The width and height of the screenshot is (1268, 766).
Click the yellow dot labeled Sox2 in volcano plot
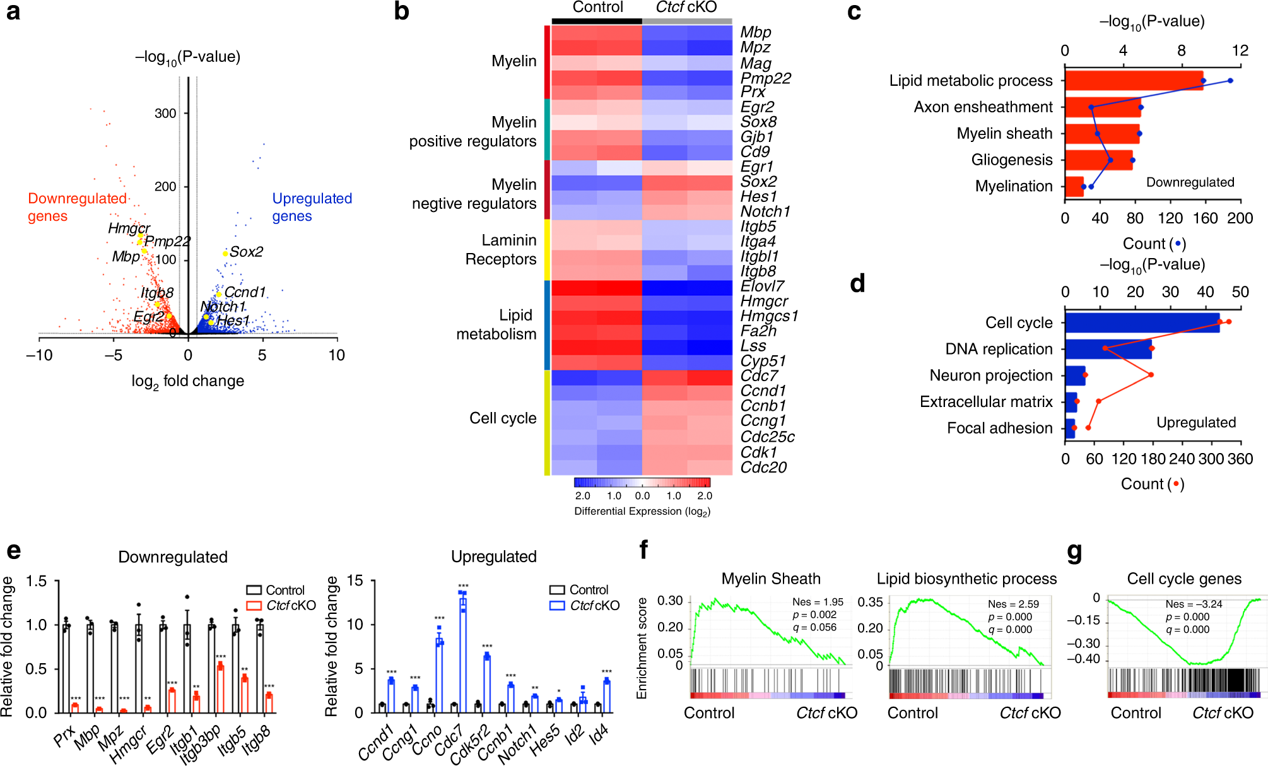225,254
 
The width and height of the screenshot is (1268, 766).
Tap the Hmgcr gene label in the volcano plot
129,228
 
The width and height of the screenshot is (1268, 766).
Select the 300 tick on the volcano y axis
165,114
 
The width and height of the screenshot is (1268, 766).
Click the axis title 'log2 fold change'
187,381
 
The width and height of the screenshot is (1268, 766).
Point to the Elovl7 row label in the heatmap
762,286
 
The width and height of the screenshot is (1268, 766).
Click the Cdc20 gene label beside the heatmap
763,468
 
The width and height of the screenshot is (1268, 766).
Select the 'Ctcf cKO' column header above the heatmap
686,8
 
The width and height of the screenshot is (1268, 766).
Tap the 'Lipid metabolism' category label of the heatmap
496,324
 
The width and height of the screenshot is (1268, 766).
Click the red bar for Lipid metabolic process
1134,81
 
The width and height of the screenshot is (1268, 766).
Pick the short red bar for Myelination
1074,186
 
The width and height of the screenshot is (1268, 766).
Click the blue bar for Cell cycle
1142,323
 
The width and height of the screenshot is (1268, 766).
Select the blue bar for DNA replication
1108,349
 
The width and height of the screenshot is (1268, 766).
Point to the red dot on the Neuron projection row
1151,375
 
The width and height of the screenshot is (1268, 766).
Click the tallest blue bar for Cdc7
463,650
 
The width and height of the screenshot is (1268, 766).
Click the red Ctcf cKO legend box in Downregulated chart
254,606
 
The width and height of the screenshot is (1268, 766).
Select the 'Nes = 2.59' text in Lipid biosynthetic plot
1013,604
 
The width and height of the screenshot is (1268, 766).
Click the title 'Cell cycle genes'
1184,579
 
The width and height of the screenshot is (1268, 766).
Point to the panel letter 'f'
643,550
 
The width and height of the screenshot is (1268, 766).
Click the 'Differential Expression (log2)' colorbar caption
642,511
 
